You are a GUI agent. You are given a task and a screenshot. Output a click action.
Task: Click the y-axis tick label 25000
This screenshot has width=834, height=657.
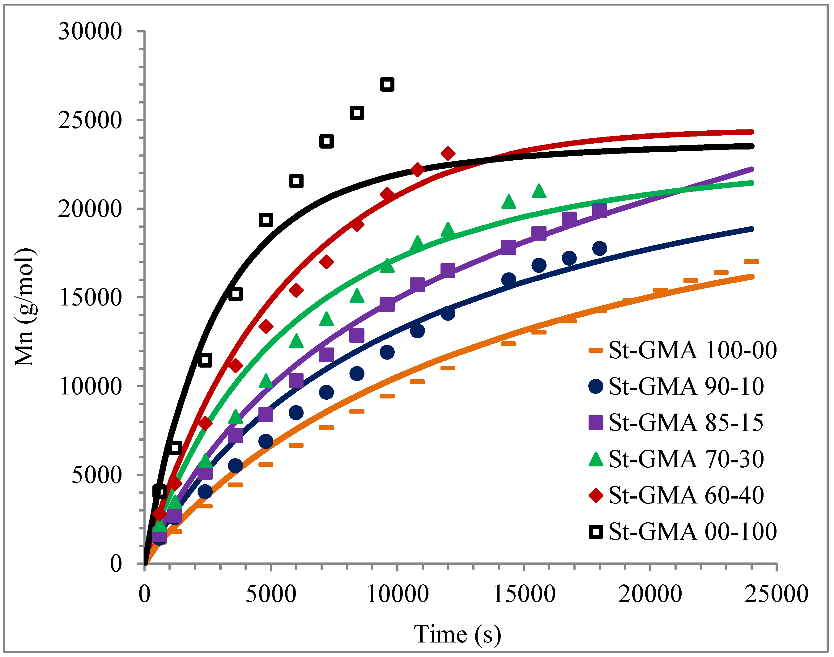pos(90,120)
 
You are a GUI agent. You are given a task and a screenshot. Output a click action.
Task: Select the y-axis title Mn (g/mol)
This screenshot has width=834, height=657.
pos(25,307)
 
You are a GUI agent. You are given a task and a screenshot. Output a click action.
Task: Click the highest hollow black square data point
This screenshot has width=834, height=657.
pos(387,84)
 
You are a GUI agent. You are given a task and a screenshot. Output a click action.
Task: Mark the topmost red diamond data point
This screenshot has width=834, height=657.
pos(448,154)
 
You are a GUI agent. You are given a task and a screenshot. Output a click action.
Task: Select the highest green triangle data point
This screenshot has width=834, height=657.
pos(539,191)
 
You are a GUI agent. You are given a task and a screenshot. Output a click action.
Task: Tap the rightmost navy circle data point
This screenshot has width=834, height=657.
pos(600,248)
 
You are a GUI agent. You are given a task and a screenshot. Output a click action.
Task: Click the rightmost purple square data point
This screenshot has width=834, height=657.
pos(600,210)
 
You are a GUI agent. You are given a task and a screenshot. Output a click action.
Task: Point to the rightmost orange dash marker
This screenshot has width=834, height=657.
pos(751,262)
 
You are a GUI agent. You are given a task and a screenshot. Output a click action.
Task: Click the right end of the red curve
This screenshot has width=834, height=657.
pos(752,132)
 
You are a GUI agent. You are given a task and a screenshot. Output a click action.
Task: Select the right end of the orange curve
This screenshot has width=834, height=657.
pos(752,276)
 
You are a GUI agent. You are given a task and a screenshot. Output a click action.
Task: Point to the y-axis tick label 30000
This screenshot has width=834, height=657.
pos(90,31)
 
